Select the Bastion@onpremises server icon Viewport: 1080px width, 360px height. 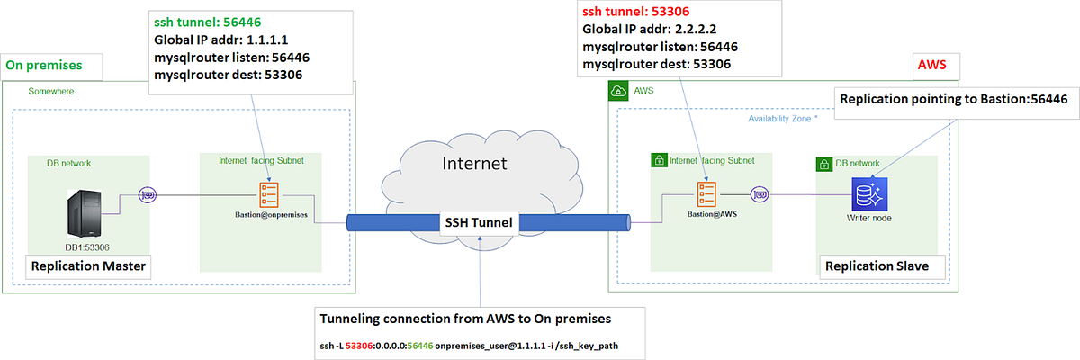(x=267, y=193)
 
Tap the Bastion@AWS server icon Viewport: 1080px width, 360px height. (x=706, y=193)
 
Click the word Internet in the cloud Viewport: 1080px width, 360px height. (x=474, y=164)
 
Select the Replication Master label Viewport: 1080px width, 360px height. (x=88, y=266)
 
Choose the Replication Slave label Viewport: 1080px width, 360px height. (x=876, y=266)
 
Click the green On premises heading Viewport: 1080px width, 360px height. (x=44, y=66)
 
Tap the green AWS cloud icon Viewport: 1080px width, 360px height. (x=618, y=91)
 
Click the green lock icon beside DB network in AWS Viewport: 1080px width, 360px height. (x=823, y=165)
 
